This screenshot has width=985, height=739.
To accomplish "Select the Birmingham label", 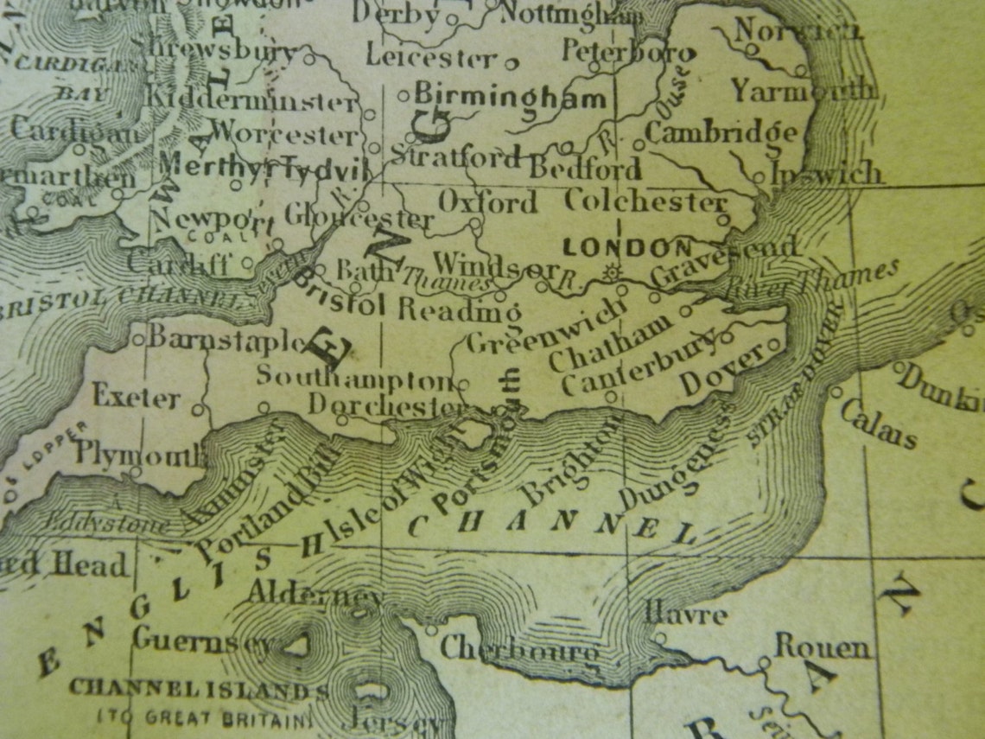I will (510, 96).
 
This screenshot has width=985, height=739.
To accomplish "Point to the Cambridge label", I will (721, 133).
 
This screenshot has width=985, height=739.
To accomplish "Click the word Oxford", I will (487, 202).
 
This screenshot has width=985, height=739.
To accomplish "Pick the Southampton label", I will (353, 378).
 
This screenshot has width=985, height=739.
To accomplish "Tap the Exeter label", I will (137, 398).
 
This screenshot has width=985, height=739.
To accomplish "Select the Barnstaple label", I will (226, 338).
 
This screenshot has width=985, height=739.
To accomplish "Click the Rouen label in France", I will (822, 647).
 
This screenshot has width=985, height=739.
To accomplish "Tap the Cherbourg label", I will (518, 649).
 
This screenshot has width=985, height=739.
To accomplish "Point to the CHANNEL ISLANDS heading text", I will (199, 690).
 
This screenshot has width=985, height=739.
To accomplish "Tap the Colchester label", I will (645, 201).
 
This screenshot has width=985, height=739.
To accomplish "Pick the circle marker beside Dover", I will (774, 344).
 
